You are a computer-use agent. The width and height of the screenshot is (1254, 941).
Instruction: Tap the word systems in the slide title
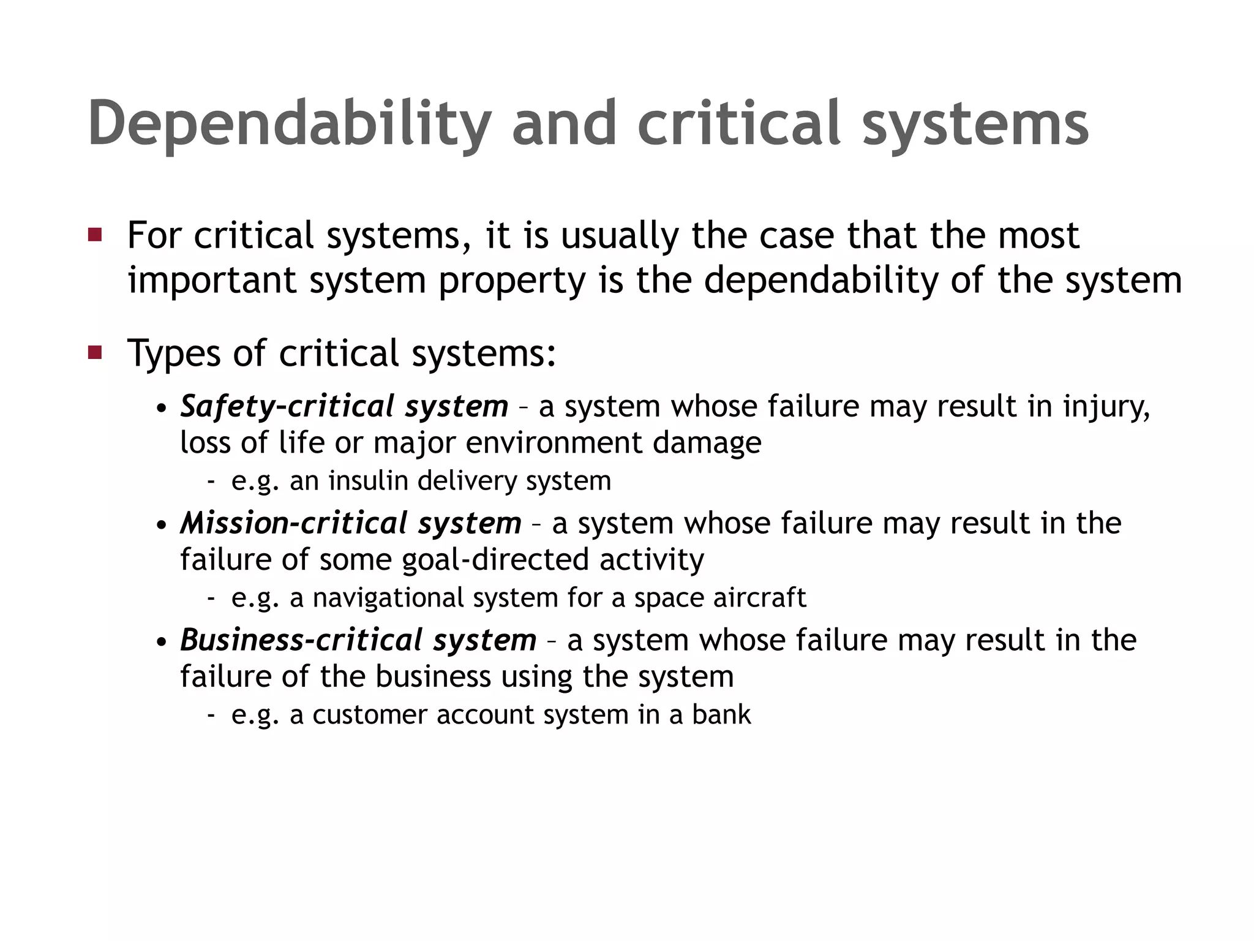coord(975,124)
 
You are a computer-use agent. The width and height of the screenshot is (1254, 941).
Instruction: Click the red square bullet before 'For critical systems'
coord(95,235)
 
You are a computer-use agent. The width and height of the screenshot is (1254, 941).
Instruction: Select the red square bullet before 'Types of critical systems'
coord(95,352)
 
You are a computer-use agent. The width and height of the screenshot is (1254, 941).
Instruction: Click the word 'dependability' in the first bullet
coord(820,281)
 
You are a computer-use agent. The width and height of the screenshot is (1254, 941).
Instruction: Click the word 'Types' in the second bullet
coord(175,354)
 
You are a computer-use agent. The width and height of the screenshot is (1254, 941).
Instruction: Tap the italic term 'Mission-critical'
coord(294,523)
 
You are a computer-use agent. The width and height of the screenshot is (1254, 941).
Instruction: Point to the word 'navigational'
coord(388,598)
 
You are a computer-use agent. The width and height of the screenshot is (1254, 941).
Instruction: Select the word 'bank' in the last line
coord(721,715)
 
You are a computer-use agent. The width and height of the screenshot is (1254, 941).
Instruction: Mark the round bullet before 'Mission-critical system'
coord(161,526)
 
